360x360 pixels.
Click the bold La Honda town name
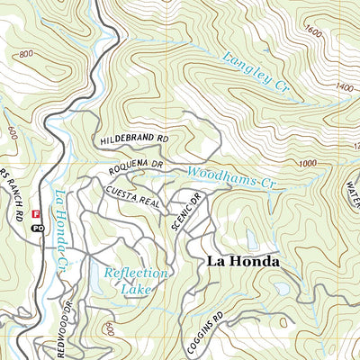pos(243,261)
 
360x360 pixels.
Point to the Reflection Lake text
pos(135,281)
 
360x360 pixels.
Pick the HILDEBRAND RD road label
pos(136,139)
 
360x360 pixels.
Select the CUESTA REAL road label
pos(132,198)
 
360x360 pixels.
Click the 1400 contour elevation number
pos(344,87)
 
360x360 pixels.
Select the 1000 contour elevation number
pos(308,163)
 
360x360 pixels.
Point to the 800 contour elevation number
pos(23,55)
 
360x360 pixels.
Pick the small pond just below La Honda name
pos(283,289)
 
